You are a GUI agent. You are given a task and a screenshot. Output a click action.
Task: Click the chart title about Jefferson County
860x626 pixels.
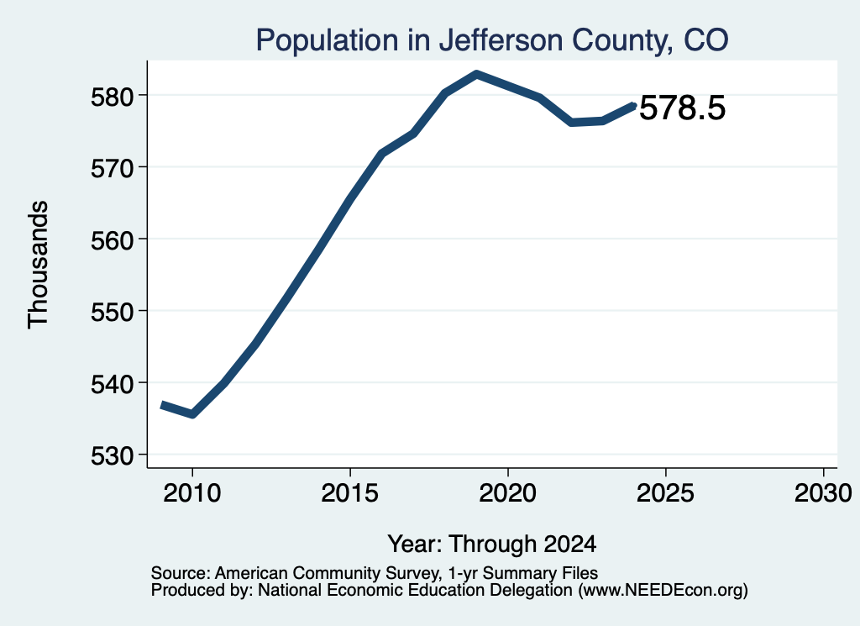point(492,40)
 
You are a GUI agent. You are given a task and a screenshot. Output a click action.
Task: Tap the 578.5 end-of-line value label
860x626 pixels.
point(682,107)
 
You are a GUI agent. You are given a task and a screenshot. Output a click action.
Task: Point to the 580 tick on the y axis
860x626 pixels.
point(113,97)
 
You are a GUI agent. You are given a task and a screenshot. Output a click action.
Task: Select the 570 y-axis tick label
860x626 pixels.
point(113,168)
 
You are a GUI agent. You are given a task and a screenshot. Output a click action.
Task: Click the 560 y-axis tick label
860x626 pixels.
point(113,240)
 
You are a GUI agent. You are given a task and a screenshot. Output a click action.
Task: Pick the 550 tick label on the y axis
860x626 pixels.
point(113,313)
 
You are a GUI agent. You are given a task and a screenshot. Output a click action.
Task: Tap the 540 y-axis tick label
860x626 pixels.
point(113,384)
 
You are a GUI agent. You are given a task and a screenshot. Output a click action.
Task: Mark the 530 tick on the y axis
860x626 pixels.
point(113,456)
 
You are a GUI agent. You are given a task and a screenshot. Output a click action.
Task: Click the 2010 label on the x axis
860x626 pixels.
point(192,493)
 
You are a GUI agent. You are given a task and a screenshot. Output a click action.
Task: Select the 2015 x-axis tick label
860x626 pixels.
point(350,493)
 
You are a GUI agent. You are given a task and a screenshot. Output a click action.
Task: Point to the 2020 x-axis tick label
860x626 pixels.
point(508,493)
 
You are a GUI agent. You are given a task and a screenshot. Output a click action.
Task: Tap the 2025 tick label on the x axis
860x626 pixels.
point(665,493)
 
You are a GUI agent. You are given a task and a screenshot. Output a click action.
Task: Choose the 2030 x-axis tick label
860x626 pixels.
point(823,493)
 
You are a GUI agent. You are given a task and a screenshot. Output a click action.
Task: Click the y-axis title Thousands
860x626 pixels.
point(38,265)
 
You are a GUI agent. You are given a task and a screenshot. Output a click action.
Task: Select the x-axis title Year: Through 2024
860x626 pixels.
point(492,544)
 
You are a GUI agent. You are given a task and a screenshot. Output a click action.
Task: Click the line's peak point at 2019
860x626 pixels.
point(477,74)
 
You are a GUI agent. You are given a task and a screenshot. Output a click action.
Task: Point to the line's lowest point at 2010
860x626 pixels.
point(192,414)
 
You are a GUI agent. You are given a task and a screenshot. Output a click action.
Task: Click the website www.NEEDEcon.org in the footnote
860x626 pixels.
point(662,591)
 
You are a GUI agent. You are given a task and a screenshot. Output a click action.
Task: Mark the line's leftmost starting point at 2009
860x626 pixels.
point(162,405)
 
